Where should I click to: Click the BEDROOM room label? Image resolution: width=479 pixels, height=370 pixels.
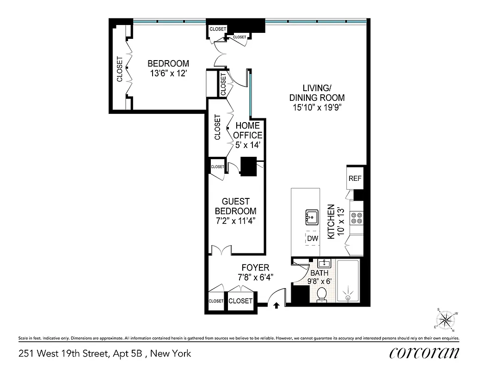tap(168, 64)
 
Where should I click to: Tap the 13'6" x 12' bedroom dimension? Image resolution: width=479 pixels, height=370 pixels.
tap(168, 74)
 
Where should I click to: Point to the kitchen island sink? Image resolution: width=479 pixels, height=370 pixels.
tap(312, 216)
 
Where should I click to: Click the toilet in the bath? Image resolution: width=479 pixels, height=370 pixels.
tap(322, 295)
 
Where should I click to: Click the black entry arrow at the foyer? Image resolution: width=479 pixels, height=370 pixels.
tap(276, 304)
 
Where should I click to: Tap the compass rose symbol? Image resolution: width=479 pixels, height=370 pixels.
tap(446, 319)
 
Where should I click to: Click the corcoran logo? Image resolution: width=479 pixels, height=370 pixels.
tap(424, 353)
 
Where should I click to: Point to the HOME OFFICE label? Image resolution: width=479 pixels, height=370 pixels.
tap(249, 130)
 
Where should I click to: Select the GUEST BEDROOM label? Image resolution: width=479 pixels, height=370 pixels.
tap(236, 206)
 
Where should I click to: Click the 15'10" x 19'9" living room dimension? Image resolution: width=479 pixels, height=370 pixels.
tap(317, 108)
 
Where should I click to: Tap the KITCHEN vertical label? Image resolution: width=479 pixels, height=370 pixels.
tap(331, 222)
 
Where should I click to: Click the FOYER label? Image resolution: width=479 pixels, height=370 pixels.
tap(255, 268)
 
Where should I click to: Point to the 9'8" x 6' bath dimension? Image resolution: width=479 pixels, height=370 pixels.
tap(319, 281)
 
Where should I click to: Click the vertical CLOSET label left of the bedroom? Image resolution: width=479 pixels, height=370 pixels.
tap(120, 69)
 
